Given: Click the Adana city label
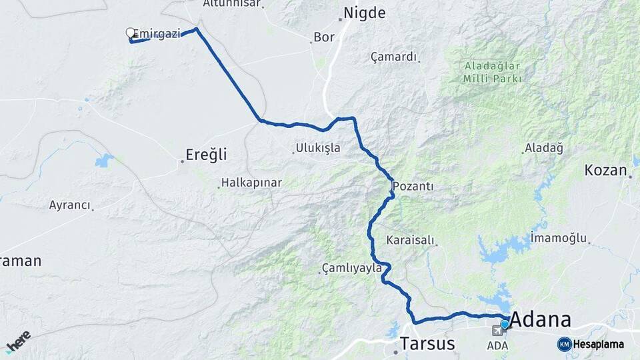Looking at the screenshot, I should point(541,319).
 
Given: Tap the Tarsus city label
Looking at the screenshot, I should point(427,343).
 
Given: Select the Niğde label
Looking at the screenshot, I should point(364,13).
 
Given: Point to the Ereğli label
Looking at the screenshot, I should point(207,155).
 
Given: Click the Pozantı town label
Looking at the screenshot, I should point(413,186).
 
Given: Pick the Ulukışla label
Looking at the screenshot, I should point(318,148).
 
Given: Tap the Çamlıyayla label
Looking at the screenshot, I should point(351,268).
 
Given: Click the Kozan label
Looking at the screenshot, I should point(606,170).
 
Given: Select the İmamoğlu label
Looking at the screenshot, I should point(559,238).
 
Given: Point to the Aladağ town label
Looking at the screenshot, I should point(544,148).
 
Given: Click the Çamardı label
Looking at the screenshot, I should point(393,57).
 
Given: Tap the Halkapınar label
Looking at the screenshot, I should point(251,182).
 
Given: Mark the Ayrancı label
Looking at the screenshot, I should point(69,205).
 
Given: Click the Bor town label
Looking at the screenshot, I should point(324,37).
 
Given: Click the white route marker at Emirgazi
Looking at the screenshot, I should point(131,32).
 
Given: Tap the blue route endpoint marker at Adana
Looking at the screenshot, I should point(505,324).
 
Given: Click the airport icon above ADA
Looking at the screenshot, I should point(497,331).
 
